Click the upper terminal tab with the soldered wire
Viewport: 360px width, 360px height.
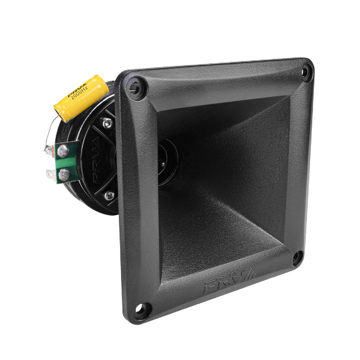pyautogui.click(x=48, y=149)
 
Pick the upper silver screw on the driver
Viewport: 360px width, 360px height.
pyautogui.click(x=107, y=122)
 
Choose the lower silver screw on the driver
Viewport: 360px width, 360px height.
pyautogui.click(x=109, y=195)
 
